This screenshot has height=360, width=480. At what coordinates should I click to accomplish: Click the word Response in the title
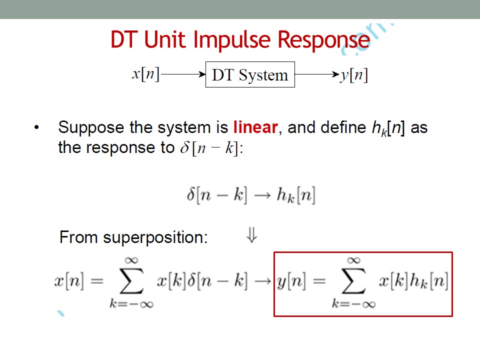[324, 40]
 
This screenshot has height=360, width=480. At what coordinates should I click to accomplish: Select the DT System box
[250, 74]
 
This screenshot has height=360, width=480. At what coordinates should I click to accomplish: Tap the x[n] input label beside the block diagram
[145, 74]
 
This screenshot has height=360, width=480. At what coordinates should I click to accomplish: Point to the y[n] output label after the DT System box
[354, 74]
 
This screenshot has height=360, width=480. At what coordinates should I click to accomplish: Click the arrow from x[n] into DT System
[183, 74]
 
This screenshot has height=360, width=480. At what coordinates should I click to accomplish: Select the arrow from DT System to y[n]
[317, 74]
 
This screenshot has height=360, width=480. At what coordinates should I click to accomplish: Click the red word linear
[255, 127]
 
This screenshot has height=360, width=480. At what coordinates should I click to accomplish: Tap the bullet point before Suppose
[36, 127]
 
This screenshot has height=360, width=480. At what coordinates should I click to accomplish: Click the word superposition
[155, 237]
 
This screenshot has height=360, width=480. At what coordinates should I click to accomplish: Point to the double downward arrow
[251, 235]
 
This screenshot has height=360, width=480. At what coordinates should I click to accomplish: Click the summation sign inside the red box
[353, 281]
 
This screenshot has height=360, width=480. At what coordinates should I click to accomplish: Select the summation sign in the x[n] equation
[131, 281]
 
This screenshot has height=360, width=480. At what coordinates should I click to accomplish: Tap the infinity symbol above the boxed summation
[353, 260]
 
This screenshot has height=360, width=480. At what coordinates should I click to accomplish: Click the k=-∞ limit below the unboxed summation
[131, 304]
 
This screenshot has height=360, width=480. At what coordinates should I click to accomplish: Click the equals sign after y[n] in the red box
[319, 280]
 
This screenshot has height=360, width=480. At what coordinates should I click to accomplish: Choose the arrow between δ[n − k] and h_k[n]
[262, 195]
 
